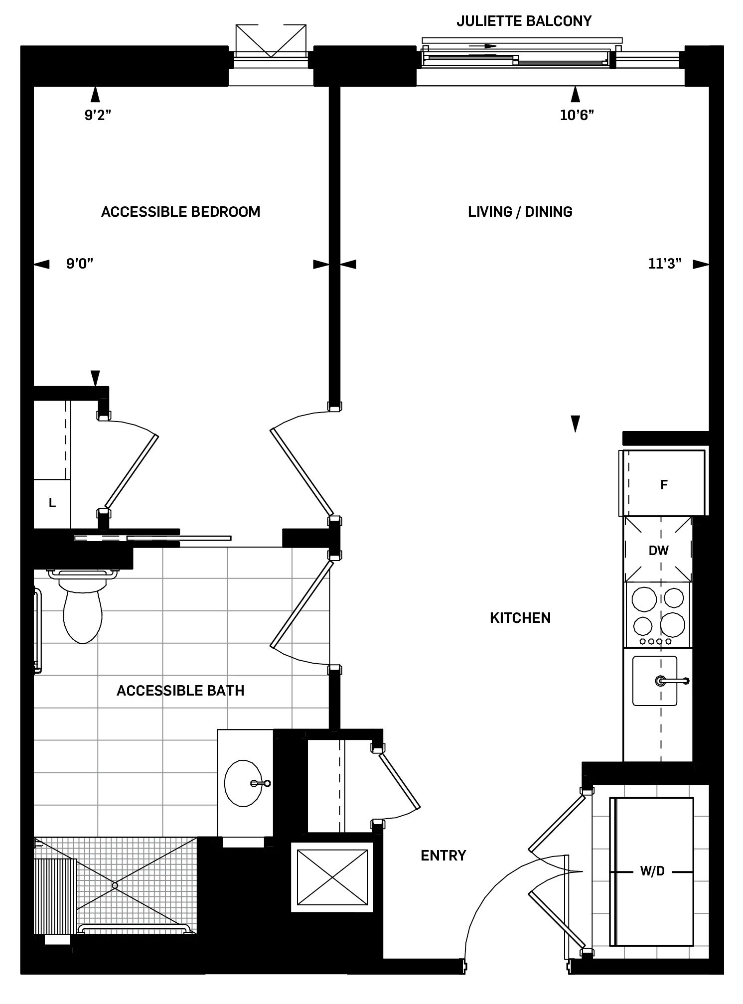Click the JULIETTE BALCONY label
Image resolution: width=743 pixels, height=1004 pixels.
click(524, 21)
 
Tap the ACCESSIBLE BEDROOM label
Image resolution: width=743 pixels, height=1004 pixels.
click(180, 212)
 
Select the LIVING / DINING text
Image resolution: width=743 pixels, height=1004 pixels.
click(520, 212)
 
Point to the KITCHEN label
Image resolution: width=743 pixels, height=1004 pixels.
click(520, 618)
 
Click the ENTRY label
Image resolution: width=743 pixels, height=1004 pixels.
click(443, 856)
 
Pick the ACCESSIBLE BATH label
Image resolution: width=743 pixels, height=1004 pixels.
click(180, 691)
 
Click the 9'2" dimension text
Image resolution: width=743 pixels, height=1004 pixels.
click(98, 115)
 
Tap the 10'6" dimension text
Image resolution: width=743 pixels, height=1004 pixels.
click(577, 115)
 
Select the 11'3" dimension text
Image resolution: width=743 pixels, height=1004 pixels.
click(665, 264)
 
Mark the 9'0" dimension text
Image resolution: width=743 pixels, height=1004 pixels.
click(80, 264)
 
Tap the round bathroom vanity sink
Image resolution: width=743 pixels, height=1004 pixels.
click(244, 783)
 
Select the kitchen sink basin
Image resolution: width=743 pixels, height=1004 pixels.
click(654, 681)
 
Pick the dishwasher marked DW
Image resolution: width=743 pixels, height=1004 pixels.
click(658, 550)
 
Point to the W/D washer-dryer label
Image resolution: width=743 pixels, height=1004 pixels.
click(652, 871)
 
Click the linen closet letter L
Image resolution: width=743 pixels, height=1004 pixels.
click(52, 503)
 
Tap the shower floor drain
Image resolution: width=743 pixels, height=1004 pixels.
click(115, 885)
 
